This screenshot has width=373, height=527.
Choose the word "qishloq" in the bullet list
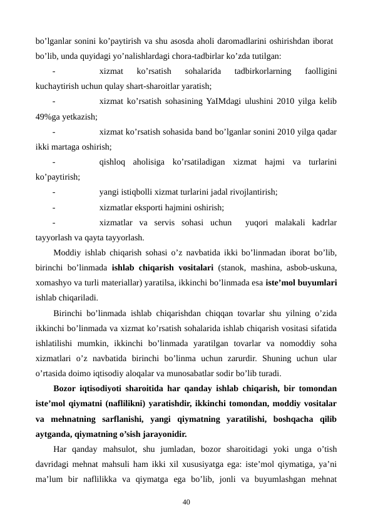click(113, 162)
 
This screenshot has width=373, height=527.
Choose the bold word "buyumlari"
click(315, 283)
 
